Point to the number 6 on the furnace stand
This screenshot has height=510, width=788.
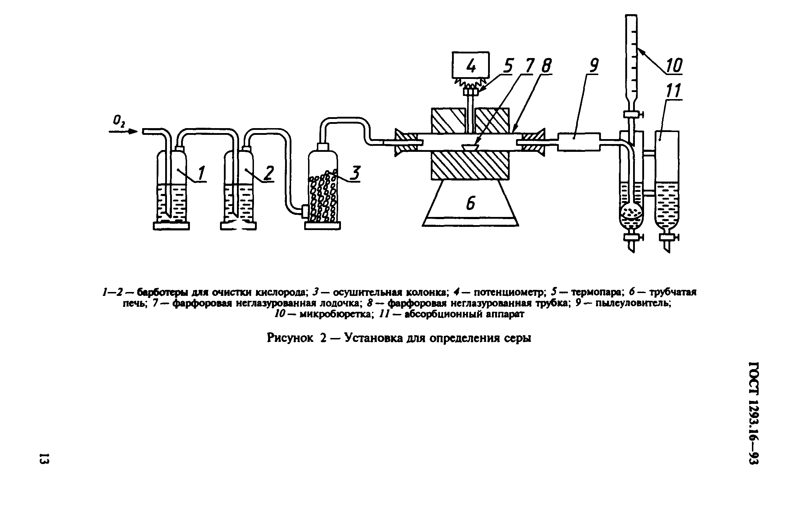point(470,203)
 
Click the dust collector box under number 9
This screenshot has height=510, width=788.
point(579,142)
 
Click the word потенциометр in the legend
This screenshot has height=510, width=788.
point(510,293)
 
